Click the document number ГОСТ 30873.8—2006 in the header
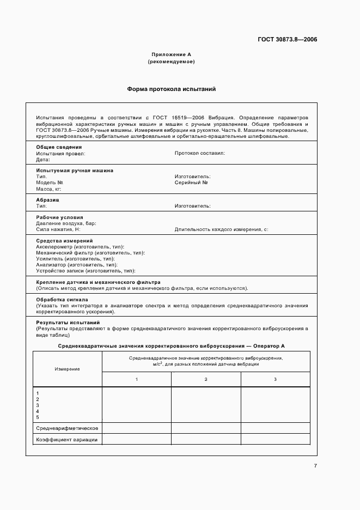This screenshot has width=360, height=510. click(x=288, y=40)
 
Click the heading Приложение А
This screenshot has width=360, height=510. click(x=171, y=54)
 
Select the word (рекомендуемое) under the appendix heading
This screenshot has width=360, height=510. click(x=171, y=62)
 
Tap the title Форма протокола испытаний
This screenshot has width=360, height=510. click(x=172, y=89)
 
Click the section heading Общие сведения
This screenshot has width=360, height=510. click(x=59, y=147)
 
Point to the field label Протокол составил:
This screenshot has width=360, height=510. click(x=199, y=153)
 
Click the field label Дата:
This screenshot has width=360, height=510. click(x=43, y=160)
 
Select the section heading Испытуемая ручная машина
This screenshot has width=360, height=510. click(x=75, y=171)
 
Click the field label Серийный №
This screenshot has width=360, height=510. click(x=191, y=183)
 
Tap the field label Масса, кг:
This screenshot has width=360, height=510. click(x=48, y=189)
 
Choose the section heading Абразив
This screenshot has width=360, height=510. click(x=47, y=200)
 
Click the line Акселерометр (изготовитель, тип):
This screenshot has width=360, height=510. click(x=80, y=247)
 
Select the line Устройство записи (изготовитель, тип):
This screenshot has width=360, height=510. click(x=86, y=271)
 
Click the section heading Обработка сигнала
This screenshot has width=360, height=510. click(x=62, y=300)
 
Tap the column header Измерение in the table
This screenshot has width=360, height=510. click(x=67, y=369)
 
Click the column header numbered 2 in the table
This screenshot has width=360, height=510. click(x=206, y=379)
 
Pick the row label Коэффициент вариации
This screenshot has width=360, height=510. click(x=66, y=440)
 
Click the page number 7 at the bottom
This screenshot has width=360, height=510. click(x=315, y=466)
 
